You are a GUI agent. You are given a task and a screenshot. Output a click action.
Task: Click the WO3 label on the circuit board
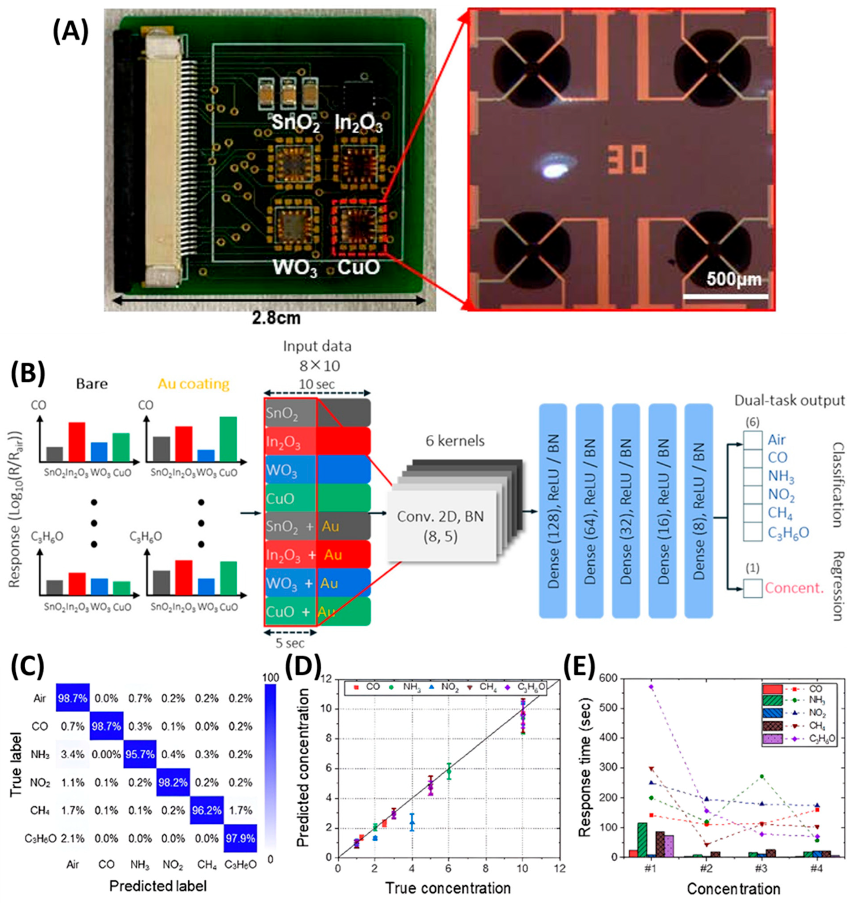click(x=294, y=268)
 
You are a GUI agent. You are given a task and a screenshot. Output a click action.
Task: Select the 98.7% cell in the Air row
click(x=73, y=699)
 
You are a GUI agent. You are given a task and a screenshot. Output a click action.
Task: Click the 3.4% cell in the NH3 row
click(x=73, y=754)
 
